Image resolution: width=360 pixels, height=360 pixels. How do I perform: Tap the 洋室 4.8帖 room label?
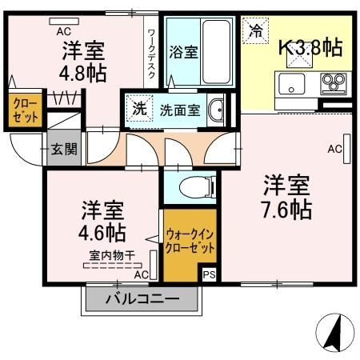(x=84, y=62)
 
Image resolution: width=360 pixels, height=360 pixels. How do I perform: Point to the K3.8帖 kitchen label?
(x=310, y=47)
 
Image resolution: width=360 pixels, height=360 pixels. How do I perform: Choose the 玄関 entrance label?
(x=64, y=148)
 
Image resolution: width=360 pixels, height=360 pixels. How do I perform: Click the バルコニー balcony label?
(x=142, y=300)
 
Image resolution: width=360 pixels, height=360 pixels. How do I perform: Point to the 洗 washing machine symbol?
(x=140, y=109)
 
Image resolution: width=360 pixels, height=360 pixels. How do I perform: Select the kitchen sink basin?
(x=289, y=82)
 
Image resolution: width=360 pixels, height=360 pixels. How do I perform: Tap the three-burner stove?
(x=333, y=82)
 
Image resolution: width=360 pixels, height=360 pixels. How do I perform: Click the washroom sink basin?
(x=215, y=110)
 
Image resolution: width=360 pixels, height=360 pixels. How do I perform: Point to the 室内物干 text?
(x=110, y=255)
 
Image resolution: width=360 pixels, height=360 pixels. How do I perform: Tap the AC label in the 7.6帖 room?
(x=334, y=149)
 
